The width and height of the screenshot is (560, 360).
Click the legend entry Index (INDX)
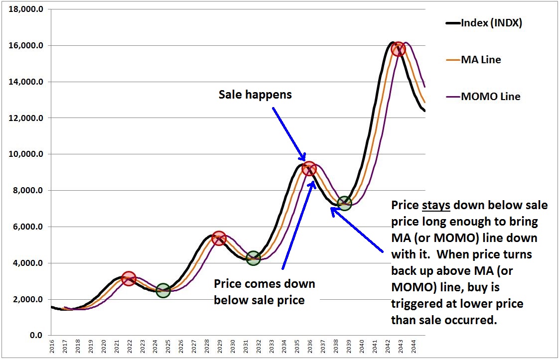[x=491, y=23]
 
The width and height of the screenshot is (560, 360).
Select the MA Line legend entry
[x=481, y=60]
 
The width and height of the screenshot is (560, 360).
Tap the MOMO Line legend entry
[x=491, y=97]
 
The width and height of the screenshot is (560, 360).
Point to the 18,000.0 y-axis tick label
[x=29, y=9]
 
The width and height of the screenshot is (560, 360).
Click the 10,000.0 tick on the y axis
[x=29, y=154]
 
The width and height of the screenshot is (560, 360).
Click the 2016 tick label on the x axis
[x=52, y=348]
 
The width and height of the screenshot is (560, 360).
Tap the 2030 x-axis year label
[x=233, y=348]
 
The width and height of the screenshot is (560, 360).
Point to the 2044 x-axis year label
[x=413, y=348]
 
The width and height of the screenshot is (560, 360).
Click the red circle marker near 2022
[x=129, y=278]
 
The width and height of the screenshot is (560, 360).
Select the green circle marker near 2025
[x=163, y=291]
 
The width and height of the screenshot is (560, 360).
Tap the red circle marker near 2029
[x=218, y=238]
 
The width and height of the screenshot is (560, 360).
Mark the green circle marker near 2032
[x=253, y=258]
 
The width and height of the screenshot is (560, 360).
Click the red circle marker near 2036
[x=309, y=168]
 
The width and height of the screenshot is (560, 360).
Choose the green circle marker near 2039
[x=344, y=203]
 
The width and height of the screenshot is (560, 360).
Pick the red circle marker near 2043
[x=398, y=49]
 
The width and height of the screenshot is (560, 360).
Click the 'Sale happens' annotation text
[x=255, y=95]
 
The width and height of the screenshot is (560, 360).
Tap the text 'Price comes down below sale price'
[x=265, y=292]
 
